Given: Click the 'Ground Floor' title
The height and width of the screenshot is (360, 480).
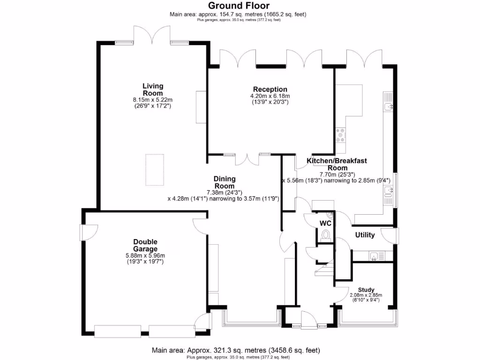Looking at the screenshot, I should tap(239, 6).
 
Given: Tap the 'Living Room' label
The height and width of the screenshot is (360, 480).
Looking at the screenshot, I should tap(153, 90).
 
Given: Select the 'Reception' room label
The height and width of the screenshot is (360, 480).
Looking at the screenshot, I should tap(270, 90).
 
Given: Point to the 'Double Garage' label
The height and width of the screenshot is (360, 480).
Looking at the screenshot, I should tap(145, 245).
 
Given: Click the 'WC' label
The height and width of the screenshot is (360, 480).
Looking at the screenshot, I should tap(325, 223).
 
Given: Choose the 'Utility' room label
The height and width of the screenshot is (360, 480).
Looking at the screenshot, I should tap(365, 235).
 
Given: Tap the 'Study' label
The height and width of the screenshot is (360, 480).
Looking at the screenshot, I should tap(366, 289).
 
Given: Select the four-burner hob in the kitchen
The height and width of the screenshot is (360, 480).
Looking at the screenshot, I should tap(340, 135).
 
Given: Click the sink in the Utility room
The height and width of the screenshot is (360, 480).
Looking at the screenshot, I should tap(374, 255).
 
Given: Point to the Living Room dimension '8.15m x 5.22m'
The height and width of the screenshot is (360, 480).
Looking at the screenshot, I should tap(153, 100).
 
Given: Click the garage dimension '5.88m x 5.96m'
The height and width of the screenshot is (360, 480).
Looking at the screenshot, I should tap(145, 255).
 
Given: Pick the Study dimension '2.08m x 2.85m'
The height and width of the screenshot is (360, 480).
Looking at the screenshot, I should tap(366, 295).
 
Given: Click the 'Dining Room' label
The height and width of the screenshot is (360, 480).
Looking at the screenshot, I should tap(225, 182).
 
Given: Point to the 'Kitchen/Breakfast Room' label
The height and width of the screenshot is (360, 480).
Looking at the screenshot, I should tap(337, 164).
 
